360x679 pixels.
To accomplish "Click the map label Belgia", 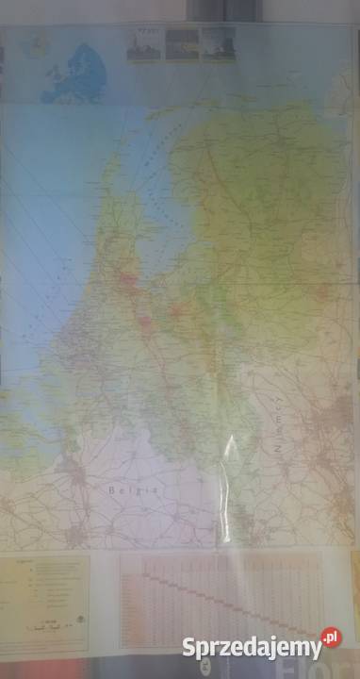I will tap(123, 491).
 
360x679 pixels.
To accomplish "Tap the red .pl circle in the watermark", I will tap(331, 638).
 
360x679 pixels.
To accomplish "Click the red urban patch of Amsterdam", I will tap(127, 279).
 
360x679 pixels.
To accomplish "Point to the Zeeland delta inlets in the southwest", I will tap(38, 415).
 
